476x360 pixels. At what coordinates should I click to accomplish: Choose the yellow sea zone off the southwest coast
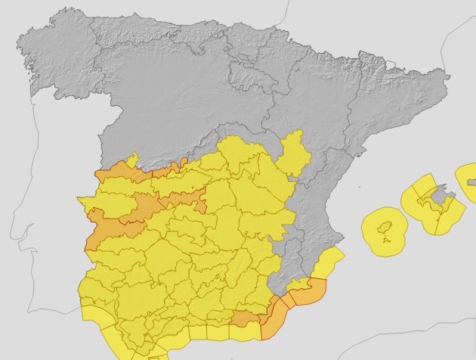click(98, 321)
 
